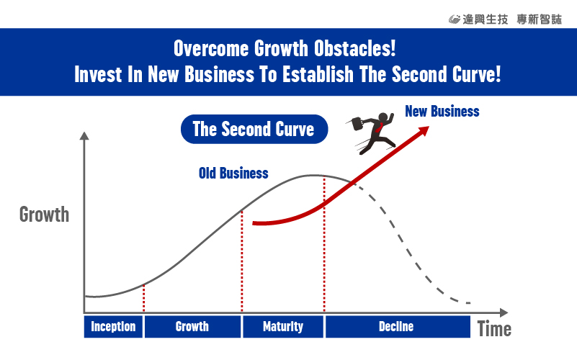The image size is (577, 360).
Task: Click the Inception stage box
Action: coord(113,327)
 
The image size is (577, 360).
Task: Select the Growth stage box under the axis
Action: coord(192,327)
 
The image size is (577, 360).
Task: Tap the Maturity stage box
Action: coord(283,327)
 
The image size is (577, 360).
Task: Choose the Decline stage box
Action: coord(398,327)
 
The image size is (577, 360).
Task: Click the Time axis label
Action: coord(494,329)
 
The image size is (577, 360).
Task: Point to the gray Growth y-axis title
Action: coord(44,215)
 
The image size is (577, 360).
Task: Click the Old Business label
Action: coord(233,174)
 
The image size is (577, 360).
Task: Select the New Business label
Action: coord(442,111)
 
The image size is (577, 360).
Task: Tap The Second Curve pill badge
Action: coord(254,129)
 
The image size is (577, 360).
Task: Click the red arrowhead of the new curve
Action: coord(424,130)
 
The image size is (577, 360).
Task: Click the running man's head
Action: coord(383,117)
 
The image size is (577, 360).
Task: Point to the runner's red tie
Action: coord(379,127)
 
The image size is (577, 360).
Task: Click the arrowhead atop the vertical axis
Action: coord(84,135)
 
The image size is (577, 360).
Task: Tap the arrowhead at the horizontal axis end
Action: coord(504,312)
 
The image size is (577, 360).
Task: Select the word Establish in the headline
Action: coord(318,74)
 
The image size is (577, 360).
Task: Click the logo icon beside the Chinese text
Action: coord(455,19)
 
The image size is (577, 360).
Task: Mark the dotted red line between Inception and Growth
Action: coord(143,298)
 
